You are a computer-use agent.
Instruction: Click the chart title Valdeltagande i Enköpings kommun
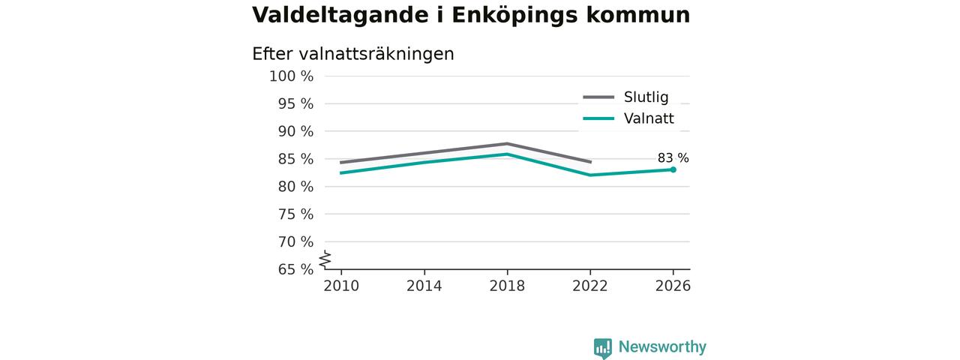[x=471, y=16]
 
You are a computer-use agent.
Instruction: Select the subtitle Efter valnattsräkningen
[x=353, y=55]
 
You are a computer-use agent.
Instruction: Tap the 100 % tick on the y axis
[x=292, y=76]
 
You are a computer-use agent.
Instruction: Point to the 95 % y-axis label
[x=295, y=103]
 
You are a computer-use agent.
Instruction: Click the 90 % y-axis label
[x=295, y=131]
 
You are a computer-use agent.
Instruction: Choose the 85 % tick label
[x=295, y=159]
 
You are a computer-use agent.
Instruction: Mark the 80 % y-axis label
[x=295, y=187]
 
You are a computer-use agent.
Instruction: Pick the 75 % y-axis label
[x=295, y=214]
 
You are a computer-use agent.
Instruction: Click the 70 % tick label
[x=295, y=241]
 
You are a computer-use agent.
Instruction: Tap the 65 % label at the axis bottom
[x=295, y=269]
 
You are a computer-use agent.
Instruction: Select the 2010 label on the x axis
[x=341, y=286]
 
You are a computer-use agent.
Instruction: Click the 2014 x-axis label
[x=424, y=286]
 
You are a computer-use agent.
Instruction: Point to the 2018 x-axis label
[x=508, y=286]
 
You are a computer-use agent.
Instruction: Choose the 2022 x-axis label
[x=590, y=286]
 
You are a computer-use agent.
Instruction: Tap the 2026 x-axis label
[x=673, y=286]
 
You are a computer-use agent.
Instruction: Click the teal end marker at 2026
[x=673, y=169]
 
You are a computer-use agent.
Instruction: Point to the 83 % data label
[x=673, y=158]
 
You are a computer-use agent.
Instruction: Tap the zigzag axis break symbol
[x=325, y=259]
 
